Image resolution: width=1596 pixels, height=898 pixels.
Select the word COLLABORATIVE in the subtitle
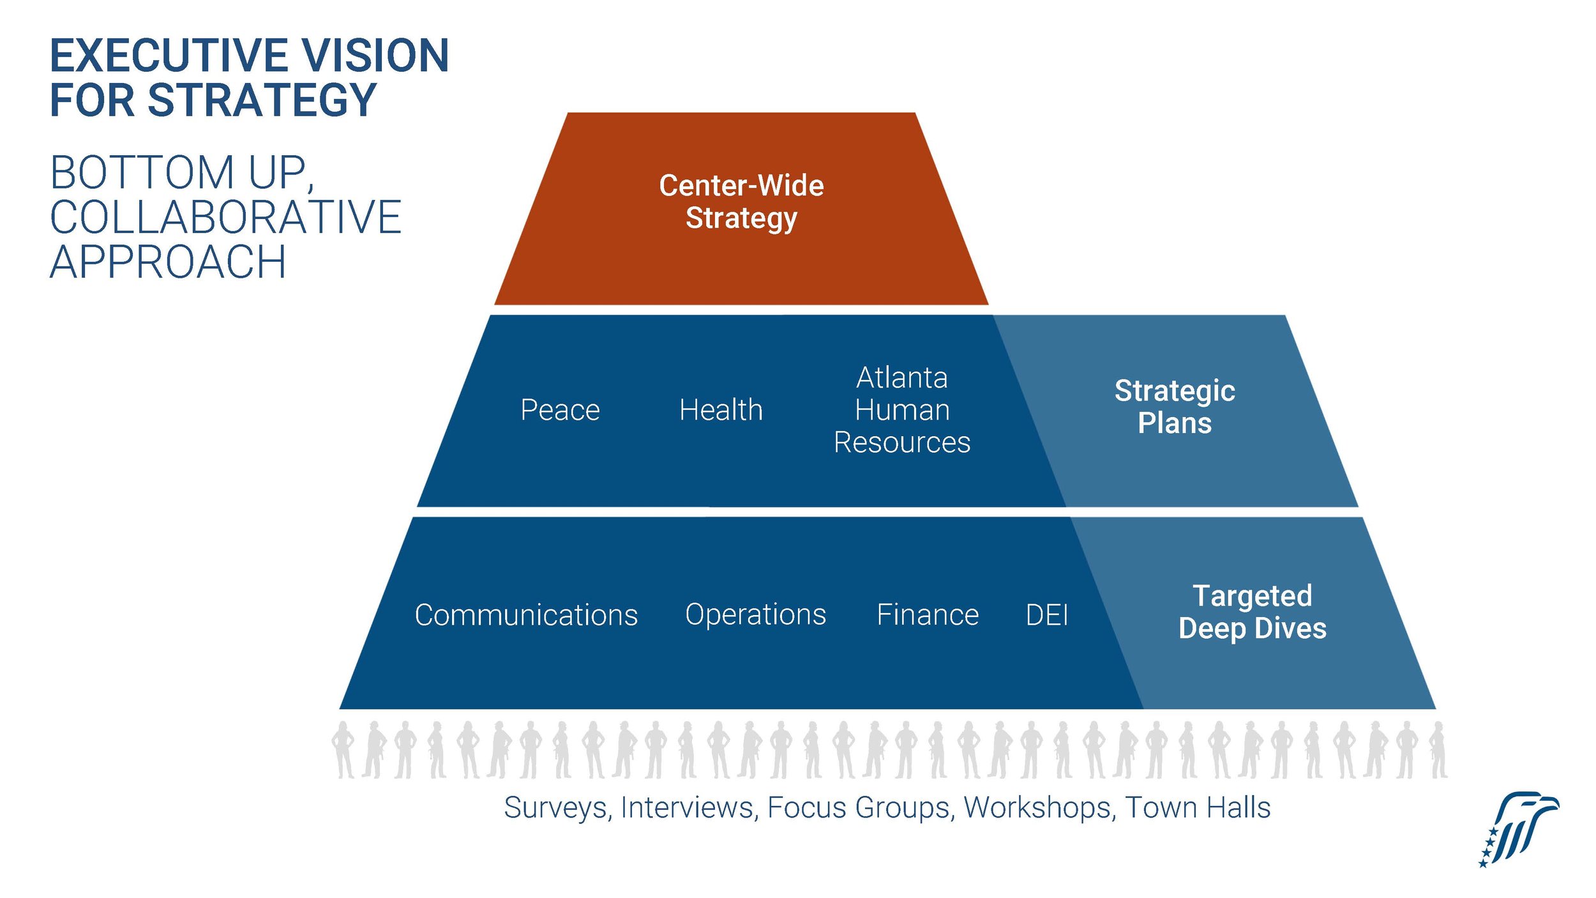click(225, 218)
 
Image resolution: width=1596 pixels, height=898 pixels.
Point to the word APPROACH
click(168, 263)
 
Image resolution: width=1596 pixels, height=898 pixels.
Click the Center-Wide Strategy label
click(741, 201)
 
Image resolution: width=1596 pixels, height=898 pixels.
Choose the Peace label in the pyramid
click(560, 410)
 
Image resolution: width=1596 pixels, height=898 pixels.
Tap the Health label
click(721, 410)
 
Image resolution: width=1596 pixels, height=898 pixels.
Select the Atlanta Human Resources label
click(901, 410)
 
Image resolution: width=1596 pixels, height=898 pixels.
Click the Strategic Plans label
click(1175, 407)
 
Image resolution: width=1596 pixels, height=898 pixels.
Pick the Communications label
click(526, 615)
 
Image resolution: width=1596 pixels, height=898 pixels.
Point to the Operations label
click(755, 614)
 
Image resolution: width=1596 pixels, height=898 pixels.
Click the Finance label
click(927, 615)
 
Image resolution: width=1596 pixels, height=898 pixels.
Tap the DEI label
click(1047, 615)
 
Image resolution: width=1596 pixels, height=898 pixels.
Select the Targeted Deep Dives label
click(1252, 612)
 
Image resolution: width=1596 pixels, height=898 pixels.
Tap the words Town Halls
click(1198, 808)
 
